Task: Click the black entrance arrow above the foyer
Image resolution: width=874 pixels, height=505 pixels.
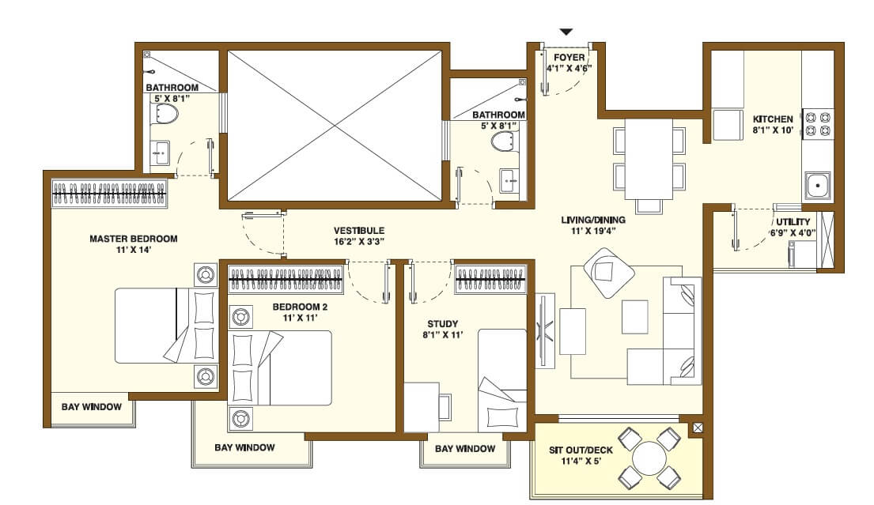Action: point(566,32)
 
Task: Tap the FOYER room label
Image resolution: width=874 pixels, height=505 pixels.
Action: point(569,58)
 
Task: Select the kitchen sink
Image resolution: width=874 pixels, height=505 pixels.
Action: point(817,187)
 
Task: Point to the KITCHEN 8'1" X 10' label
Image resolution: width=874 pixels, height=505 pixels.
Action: point(773,124)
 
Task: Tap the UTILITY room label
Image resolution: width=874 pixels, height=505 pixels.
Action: point(792,222)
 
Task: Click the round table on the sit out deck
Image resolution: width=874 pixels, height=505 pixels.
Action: point(649,458)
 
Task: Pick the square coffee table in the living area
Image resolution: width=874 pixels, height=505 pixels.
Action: point(634,316)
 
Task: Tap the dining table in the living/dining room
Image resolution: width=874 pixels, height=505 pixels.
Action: point(649,159)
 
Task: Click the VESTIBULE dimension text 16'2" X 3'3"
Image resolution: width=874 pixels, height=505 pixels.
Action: point(358,243)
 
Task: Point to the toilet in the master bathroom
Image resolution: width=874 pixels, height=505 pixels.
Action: point(165,115)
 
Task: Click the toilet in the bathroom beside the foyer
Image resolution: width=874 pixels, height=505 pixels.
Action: point(504,141)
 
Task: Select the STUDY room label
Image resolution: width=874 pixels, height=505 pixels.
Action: point(442,323)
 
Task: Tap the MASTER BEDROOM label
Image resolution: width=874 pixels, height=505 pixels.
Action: point(133,238)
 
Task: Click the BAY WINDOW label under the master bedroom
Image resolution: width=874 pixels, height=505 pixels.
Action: point(92,407)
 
